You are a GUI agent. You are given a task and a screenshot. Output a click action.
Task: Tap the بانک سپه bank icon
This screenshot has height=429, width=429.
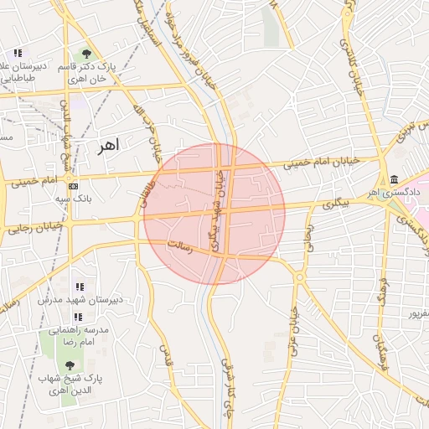click(74, 185)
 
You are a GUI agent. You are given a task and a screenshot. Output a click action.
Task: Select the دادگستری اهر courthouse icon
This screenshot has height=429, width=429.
click(394, 179)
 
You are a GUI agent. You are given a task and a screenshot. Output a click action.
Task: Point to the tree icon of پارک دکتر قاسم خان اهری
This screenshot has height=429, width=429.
click(87, 54)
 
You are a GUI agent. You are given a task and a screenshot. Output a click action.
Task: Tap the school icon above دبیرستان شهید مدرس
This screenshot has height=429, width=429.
click(80, 287)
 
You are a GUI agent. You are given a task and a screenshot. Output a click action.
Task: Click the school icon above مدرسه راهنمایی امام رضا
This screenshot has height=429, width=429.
click(78, 317)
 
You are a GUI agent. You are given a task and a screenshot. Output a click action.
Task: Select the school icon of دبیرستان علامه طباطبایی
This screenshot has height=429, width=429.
click(18, 53)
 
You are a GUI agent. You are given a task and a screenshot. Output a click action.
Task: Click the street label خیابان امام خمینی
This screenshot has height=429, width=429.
click(320, 161)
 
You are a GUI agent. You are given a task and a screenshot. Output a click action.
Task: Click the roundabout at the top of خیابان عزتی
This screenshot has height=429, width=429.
click(300, 277)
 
